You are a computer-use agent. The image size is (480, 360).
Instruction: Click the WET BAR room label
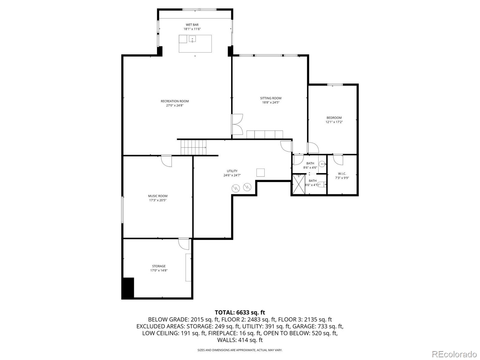(192, 25)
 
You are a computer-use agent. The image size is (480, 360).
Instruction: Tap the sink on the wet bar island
(192, 39)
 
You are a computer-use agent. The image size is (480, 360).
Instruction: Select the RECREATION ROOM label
(175, 101)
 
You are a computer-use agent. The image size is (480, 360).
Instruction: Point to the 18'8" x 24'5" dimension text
(271, 102)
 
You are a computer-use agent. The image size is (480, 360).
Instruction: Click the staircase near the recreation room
(193, 147)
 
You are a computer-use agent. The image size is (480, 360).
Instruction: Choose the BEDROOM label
(334, 118)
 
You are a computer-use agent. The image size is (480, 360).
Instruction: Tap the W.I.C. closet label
(342, 174)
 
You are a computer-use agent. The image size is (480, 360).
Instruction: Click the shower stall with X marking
(298, 184)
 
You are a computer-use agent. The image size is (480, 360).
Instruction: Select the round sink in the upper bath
(322, 164)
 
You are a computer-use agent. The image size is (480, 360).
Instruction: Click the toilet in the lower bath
(321, 185)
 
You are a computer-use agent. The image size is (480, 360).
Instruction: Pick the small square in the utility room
(260, 172)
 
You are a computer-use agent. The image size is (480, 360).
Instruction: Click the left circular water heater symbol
(235, 188)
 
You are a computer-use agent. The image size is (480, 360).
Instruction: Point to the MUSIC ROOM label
(157, 196)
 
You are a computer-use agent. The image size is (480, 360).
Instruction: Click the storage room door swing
(184, 244)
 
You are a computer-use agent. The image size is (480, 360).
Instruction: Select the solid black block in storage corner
(128, 288)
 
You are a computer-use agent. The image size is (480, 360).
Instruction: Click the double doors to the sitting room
(237, 124)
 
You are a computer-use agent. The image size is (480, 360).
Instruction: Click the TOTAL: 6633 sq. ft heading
(240, 313)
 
